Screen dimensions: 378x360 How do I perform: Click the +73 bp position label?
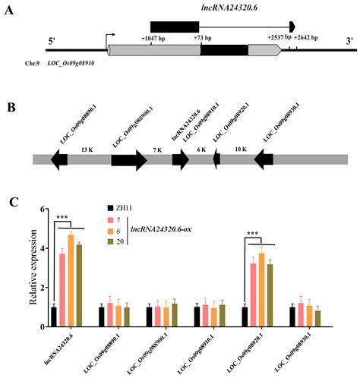(203, 36)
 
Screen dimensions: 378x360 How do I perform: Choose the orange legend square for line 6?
(110, 228)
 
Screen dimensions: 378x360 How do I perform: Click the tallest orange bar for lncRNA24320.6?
(71, 281)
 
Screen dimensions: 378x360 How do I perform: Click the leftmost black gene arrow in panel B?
(58, 159)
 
